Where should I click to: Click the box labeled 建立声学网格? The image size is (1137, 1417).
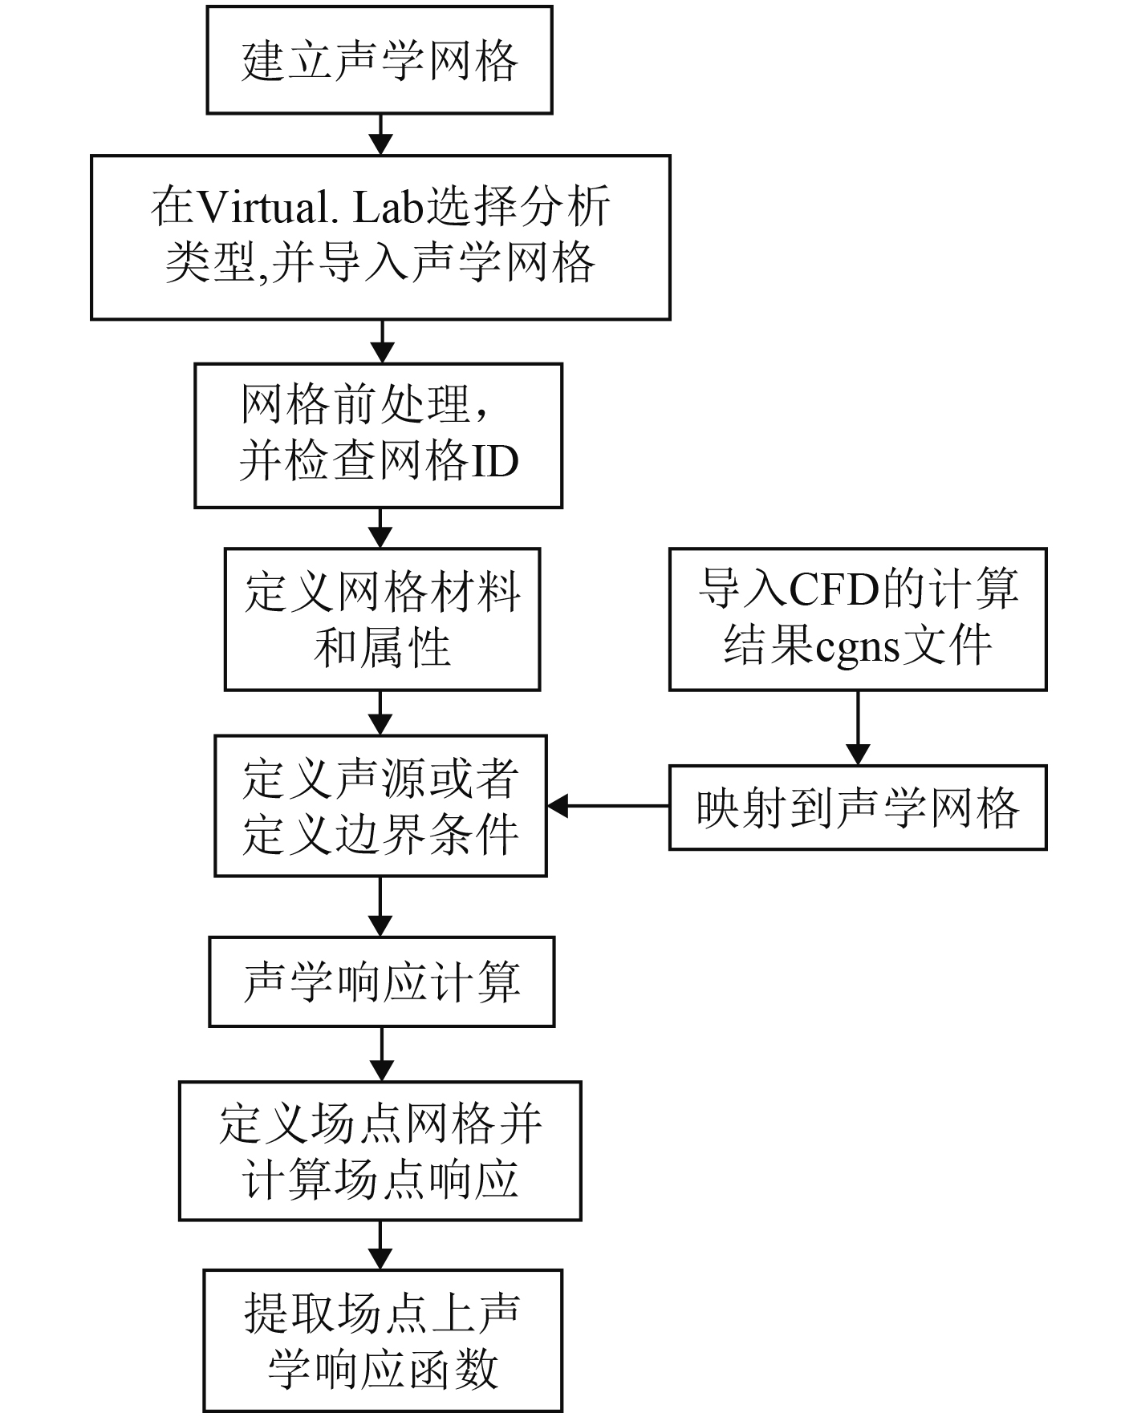[380, 60]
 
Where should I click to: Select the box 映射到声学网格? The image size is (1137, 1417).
[857, 808]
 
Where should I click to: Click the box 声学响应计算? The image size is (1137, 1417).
[381, 982]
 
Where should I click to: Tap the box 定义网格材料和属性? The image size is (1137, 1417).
[382, 619]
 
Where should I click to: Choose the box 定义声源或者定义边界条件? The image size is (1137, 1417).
[380, 806]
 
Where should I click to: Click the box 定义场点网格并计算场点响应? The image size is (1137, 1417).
[380, 1151]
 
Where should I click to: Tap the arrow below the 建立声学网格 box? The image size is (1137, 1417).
[380, 134]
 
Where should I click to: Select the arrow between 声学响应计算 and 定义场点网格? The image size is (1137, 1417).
[381, 1054]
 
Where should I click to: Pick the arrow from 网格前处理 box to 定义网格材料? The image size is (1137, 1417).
[380, 528]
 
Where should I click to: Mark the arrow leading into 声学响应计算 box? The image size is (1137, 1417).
[380, 906]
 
